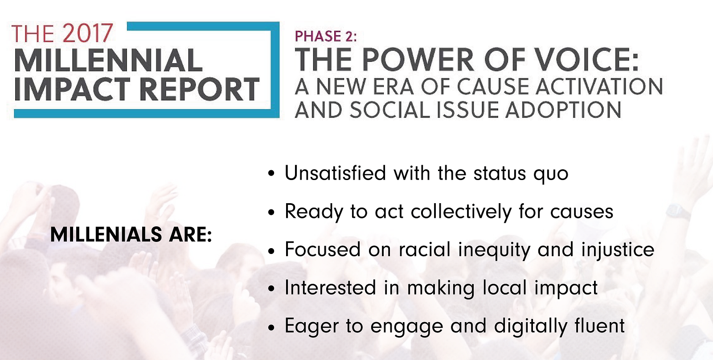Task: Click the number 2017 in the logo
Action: [x=87, y=33]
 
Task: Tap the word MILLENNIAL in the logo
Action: [x=108, y=61]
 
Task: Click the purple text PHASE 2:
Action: [x=326, y=36]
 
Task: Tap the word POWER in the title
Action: [x=418, y=60]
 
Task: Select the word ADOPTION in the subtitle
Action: [x=563, y=110]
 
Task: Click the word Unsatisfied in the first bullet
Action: [x=335, y=173]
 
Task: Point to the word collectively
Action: [x=461, y=212]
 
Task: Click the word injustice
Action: [x=618, y=250]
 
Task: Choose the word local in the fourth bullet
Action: [x=504, y=288]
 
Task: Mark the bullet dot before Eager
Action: [x=271, y=327]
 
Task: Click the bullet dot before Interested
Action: [x=271, y=289]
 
